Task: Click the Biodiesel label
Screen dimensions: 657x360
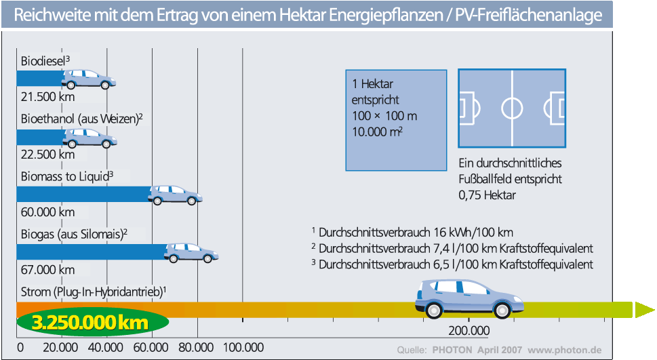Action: coord(45,61)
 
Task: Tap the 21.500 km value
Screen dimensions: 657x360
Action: coord(47,97)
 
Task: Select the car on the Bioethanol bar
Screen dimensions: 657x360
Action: coord(89,138)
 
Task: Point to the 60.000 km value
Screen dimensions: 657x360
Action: coord(47,212)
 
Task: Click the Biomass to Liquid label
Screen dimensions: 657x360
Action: coord(67,176)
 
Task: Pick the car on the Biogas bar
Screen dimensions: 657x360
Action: coord(191,253)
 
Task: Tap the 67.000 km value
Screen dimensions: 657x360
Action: coord(47,269)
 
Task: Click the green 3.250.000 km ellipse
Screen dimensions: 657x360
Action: coord(93,323)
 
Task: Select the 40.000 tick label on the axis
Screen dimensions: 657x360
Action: coord(106,347)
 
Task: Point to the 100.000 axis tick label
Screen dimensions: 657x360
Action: coord(243,347)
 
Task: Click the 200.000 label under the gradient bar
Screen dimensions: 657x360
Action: coord(469,331)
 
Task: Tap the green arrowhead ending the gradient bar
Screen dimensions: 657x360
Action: coord(645,310)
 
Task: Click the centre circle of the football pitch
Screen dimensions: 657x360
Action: coord(512,108)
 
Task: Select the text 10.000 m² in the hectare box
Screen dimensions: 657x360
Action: coord(377,132)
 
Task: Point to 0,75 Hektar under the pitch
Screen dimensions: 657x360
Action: coord(487,195)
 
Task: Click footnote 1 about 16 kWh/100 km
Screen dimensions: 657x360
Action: coord(412,232)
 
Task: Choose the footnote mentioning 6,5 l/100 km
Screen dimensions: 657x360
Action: coord(452,264)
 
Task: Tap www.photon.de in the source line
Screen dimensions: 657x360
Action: coord(564,350)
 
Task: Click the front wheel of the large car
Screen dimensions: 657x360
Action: coord(502,310)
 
